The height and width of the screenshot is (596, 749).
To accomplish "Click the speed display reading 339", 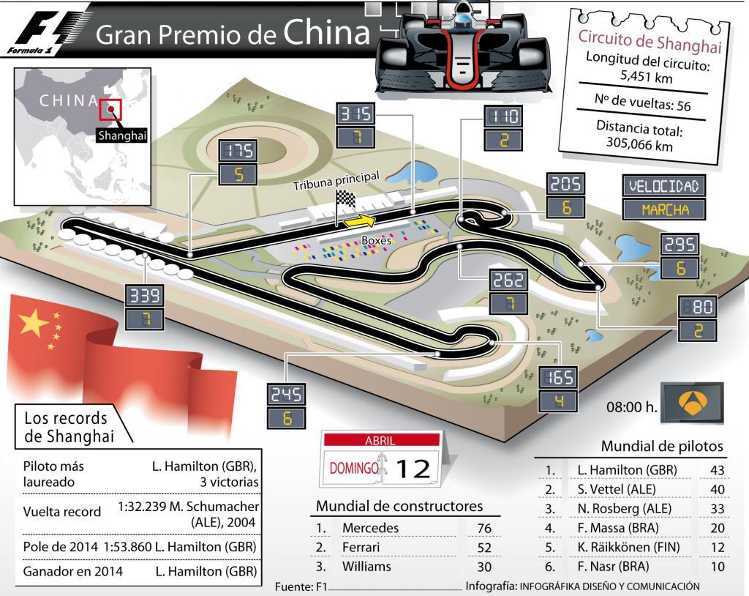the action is coord(143,296).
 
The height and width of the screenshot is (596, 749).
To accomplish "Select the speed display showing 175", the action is coord(238,150).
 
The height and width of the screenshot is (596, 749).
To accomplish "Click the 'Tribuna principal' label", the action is coord(336,181).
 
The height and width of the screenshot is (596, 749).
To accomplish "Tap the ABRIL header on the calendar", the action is coord(380,441).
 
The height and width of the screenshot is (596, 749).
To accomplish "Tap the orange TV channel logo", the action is coord(692,402).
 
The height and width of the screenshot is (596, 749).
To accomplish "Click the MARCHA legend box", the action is coord(665,209).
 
